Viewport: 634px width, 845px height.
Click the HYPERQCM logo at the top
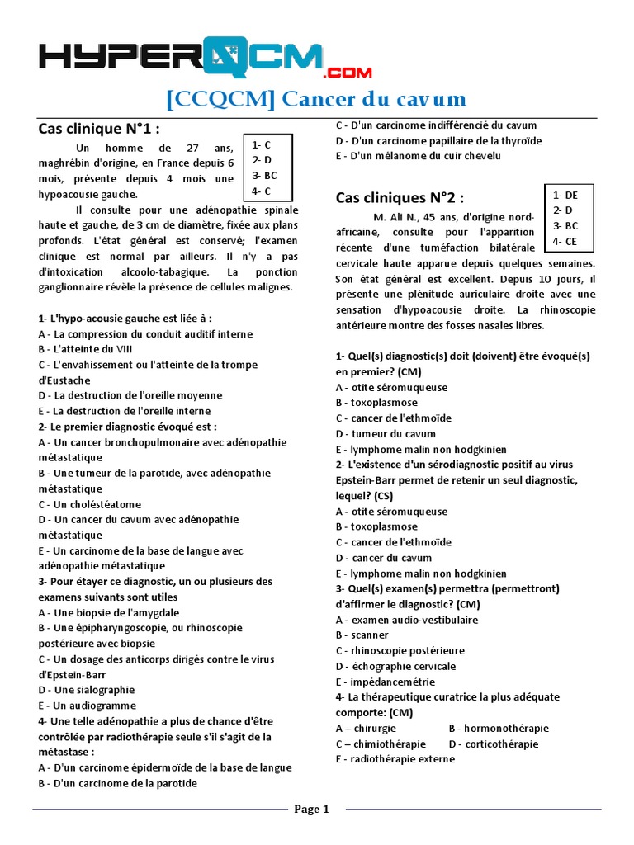206,57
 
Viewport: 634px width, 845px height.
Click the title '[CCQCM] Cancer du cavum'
316,101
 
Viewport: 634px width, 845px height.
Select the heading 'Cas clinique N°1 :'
99,129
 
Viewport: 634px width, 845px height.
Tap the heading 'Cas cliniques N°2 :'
400,198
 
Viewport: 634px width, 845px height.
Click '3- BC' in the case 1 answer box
265,176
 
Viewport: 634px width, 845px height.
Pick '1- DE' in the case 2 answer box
565,195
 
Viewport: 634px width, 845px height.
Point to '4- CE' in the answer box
565,241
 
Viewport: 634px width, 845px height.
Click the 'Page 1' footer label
312,810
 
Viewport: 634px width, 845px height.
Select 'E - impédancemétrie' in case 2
386,682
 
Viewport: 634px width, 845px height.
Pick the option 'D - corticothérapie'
494,744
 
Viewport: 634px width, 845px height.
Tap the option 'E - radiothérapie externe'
395,759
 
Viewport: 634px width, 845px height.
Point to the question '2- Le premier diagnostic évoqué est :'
128,427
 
